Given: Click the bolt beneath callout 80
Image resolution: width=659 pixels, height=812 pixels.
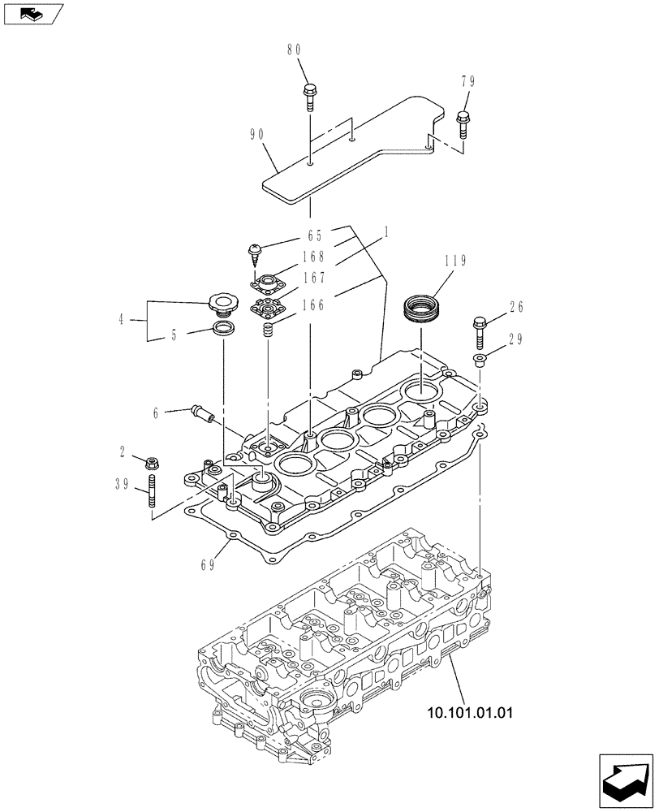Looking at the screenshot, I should (309, 95).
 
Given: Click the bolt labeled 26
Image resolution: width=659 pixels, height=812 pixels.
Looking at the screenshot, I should (479, 329).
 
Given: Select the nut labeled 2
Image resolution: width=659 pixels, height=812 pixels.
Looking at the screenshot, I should (150, 463).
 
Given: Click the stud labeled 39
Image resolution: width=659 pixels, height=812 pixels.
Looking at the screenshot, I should (152, 494).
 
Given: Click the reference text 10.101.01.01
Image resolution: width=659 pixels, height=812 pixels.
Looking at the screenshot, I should (468, 715).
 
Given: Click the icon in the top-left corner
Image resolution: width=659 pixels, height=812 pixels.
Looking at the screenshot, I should (32, 13).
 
